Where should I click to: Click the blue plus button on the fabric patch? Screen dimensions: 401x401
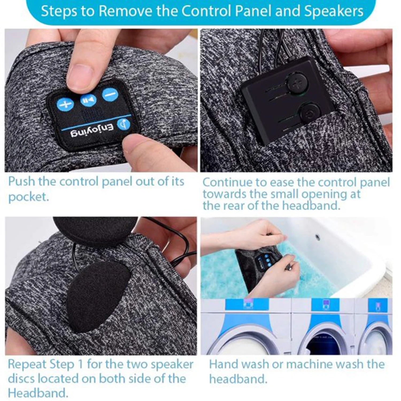[65, 105]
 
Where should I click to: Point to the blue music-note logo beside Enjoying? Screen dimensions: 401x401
[124, 123]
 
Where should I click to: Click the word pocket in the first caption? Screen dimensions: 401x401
[29, 197]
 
